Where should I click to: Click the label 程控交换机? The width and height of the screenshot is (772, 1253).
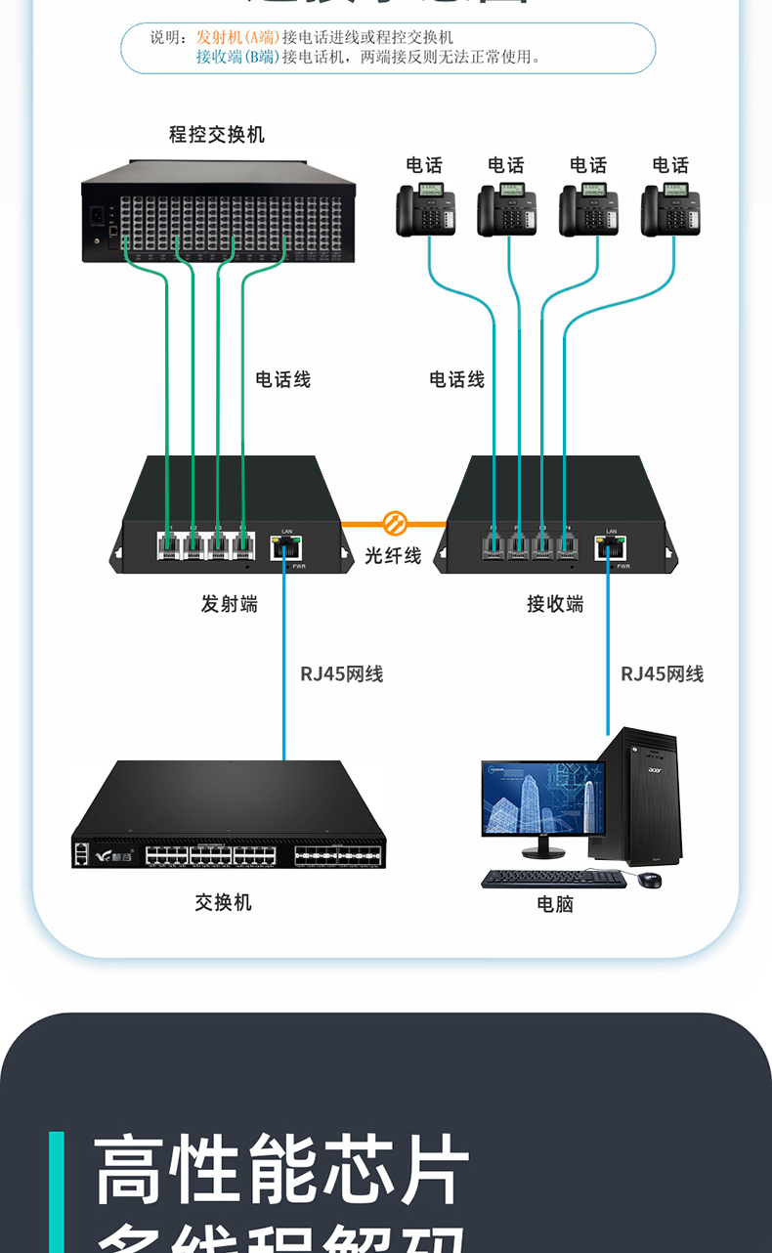coord(217,135)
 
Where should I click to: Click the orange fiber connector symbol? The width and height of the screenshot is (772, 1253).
coord(394,523)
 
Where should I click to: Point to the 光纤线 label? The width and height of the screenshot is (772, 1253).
coord(393,555)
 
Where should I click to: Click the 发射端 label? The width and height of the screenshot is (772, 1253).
coord(230,604)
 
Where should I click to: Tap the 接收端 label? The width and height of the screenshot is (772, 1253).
coord(555,604)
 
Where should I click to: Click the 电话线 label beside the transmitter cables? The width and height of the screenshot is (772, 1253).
coord(283,379)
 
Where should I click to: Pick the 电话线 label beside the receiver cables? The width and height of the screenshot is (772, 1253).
coord(457,379)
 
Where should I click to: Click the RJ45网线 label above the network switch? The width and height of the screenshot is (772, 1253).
coord(342,673)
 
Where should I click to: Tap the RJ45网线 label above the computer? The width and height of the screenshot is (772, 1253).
coord(663,673)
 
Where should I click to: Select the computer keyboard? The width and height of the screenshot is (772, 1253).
coord(553,879)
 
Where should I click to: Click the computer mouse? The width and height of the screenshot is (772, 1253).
coord(650,880)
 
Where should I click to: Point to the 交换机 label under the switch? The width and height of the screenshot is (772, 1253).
coord(223,902)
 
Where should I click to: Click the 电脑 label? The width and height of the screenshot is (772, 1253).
coord(555,904)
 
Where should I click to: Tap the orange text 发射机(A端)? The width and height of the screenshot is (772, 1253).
coord(237,37)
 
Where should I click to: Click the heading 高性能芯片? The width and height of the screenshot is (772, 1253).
coord(282,1170)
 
